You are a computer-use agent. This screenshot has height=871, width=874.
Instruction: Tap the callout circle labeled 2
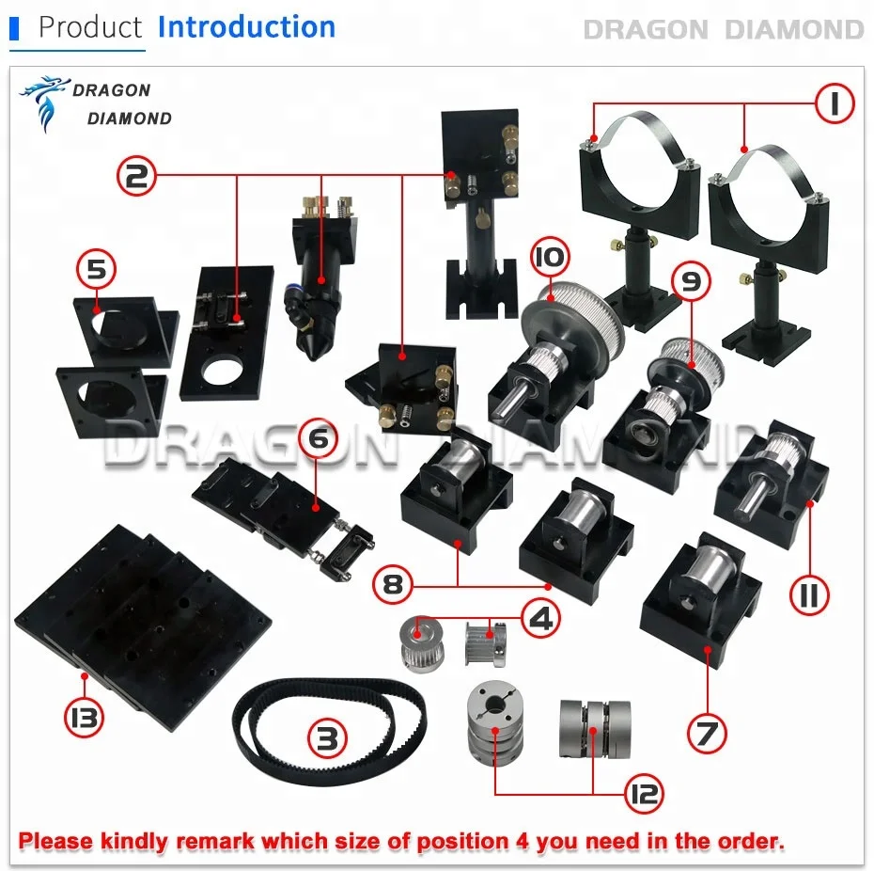[x=137, y=175]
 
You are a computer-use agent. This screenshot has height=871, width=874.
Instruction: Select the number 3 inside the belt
[x=325, y=738]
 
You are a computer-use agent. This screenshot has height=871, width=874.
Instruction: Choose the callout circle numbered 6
[x=318, y=438]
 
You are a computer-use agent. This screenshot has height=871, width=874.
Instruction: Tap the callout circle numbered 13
[x=84, y=719]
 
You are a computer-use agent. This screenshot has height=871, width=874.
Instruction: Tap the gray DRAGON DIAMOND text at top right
[x=723, y=29]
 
